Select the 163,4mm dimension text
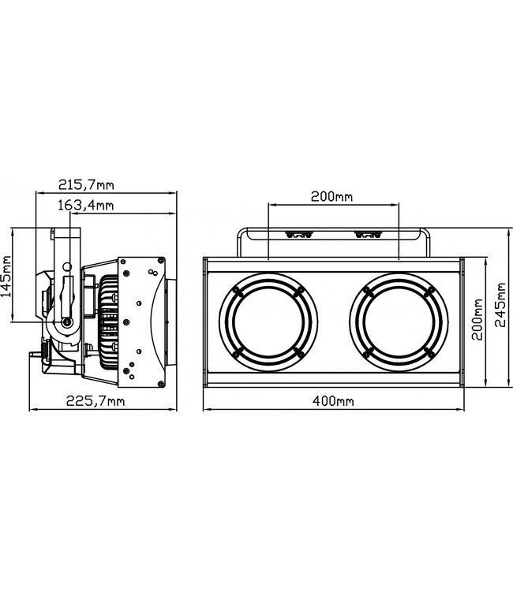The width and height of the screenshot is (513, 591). [86, 206]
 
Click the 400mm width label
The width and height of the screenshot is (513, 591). [332, 402]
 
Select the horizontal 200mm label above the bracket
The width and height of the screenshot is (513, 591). [332, 197]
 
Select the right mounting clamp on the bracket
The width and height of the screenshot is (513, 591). [368, 233]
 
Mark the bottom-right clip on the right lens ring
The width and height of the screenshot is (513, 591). [427, 351]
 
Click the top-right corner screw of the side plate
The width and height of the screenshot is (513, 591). [161, 261]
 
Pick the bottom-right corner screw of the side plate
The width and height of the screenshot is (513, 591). [161, 378]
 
